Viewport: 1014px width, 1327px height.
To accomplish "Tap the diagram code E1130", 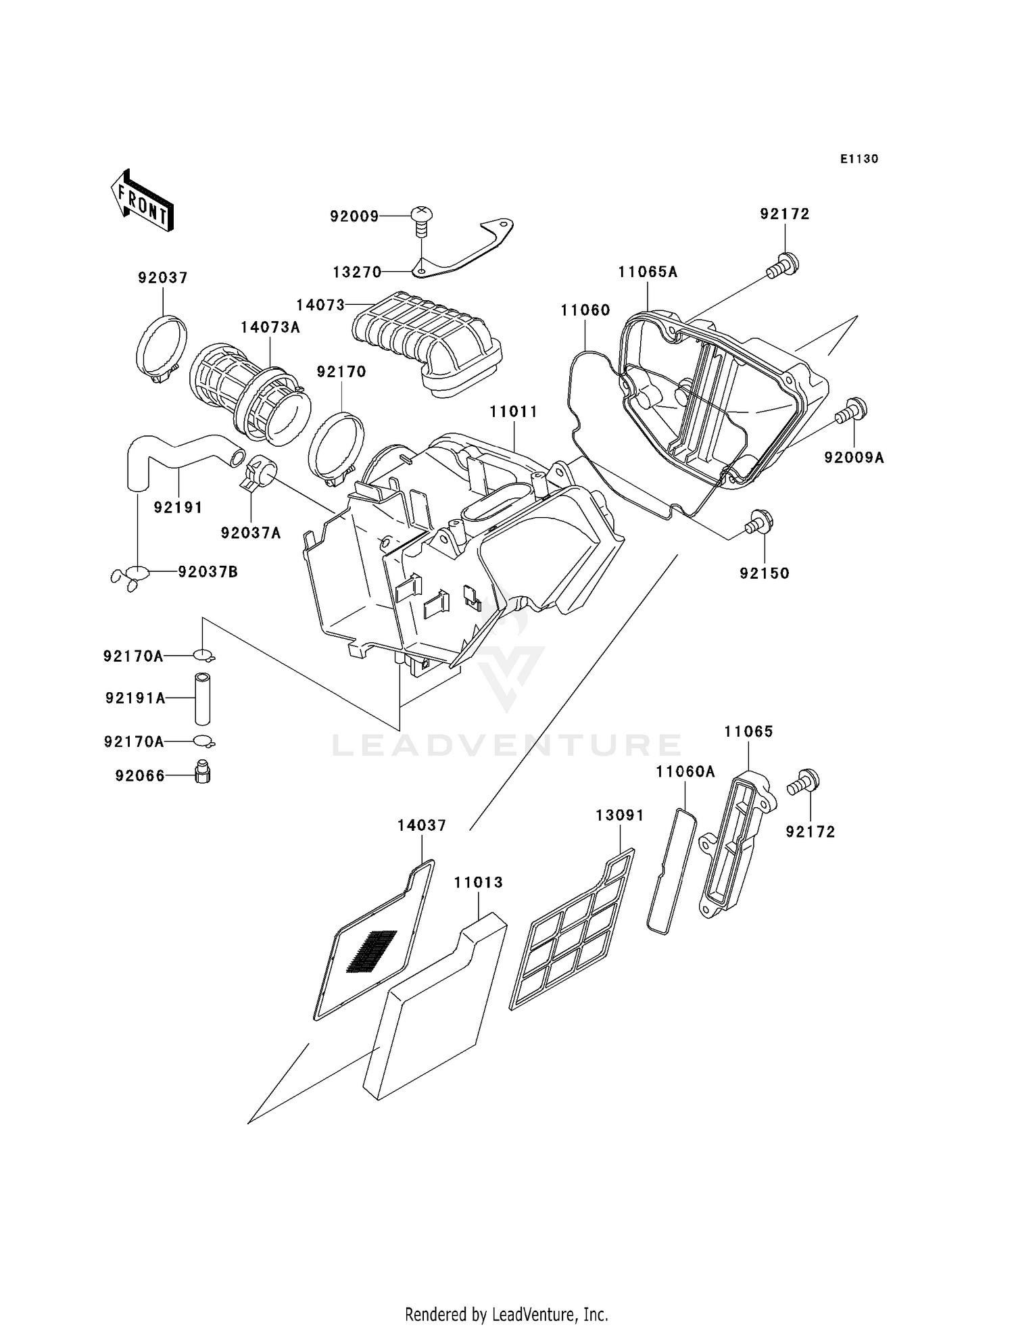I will pyautogui.click(x=859, y=159).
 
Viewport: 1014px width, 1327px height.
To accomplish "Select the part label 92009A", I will pyautogui.click(x=854, y=458).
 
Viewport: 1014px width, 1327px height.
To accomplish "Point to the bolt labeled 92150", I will pyautogui.click(x=759, y=523).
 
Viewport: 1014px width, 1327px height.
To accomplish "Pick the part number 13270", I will pyautogui.click(x=357, y=272).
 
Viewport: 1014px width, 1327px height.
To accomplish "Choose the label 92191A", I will pyautogui.click(x=135, y=698).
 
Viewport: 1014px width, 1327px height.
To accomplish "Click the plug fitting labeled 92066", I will pyautogui.click(x=201, y=772).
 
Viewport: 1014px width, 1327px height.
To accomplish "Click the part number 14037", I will pyautogui.click(x=421, y=825).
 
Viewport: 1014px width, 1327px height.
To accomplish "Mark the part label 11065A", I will pyautogui.click(x=647, y=272).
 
